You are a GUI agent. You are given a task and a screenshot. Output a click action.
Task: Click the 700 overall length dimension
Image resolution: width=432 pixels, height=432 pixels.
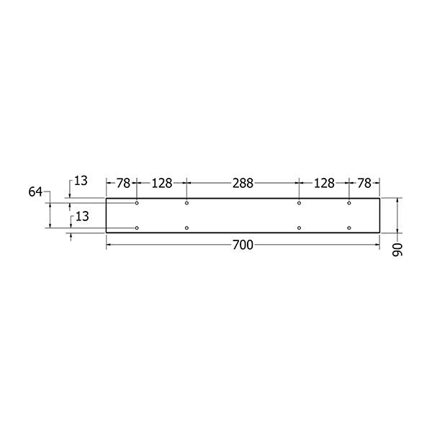pyautogui.click(x=243, y=245)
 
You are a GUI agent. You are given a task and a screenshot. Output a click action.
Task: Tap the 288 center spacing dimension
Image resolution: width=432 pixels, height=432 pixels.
pyautogui.click(x=243, y=183)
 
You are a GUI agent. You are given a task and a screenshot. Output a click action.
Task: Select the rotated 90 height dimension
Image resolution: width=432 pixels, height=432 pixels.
pyautogui.click(x=397, y=250)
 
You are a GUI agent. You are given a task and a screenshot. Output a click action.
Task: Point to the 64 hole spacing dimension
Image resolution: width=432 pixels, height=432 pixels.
pyautogui.click(x=35, y=192)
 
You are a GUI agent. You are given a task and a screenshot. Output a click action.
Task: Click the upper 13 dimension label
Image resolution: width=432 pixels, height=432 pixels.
pyautogui.click(x=81, y=181)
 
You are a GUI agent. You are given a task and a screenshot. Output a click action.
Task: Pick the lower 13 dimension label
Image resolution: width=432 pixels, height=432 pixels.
pyautogui.click(x=82, y=217)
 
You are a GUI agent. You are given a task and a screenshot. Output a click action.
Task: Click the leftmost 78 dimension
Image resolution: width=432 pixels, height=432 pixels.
pyautogui.click(x=123, y=183)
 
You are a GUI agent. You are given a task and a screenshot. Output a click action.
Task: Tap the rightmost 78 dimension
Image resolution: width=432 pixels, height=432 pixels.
pyautogui.click(x=364, y=183)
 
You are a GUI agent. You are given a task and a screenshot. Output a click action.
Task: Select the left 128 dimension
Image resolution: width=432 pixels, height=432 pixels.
pyautogui.click(x=162, y=183)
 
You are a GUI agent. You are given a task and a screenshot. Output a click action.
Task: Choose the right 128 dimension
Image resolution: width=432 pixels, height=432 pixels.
pyautogui.click(x=324, y=183)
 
